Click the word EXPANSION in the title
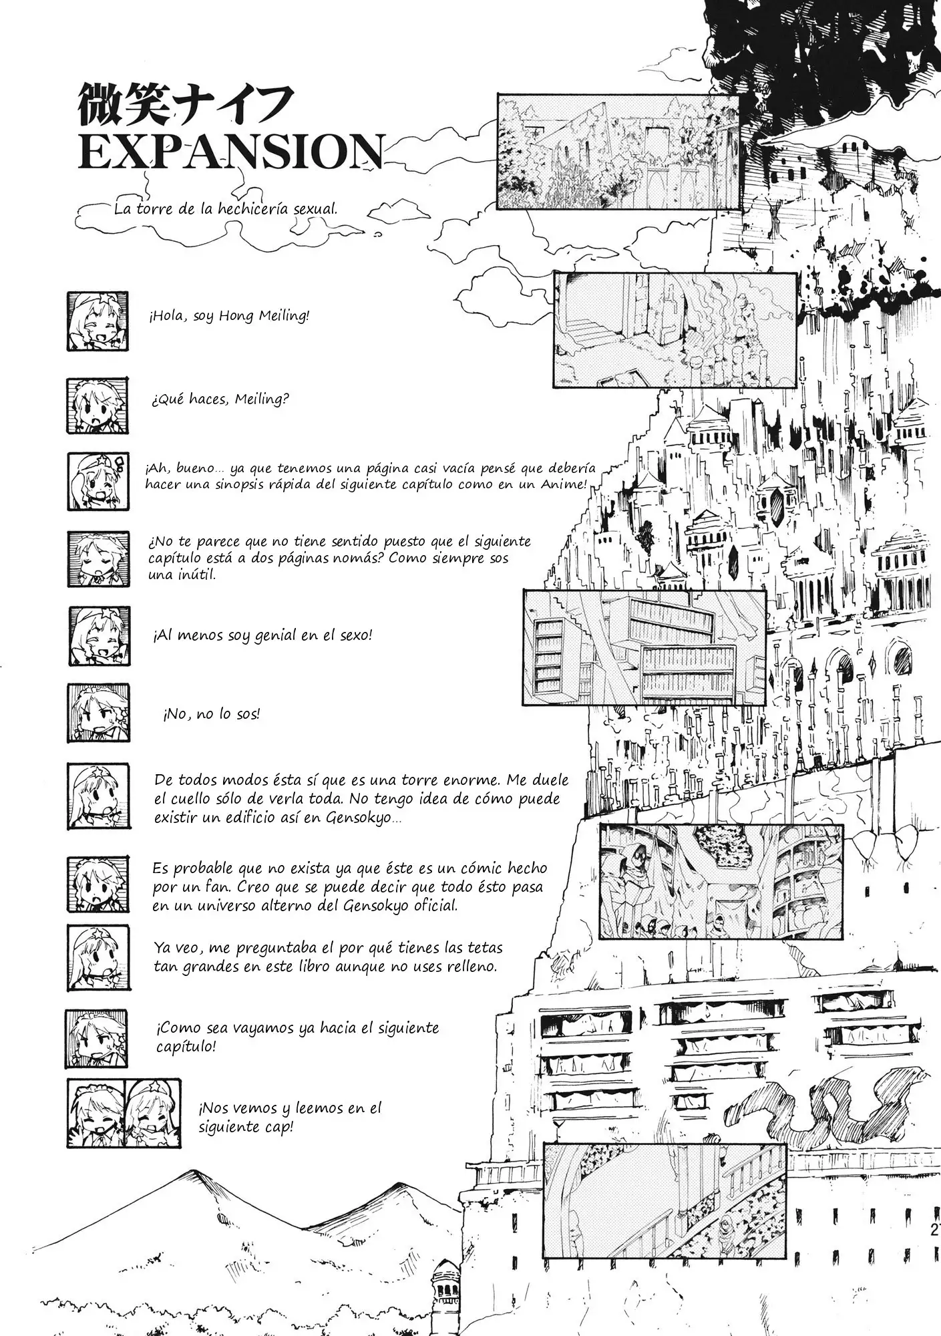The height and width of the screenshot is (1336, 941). coord(230,153)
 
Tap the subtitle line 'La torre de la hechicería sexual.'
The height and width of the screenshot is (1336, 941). coord(226,208)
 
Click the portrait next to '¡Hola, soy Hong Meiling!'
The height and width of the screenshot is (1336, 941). coord(98,321)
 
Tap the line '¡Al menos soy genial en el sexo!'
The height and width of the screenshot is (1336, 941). coord(262,635)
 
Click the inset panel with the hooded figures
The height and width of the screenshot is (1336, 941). coord(721,881)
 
